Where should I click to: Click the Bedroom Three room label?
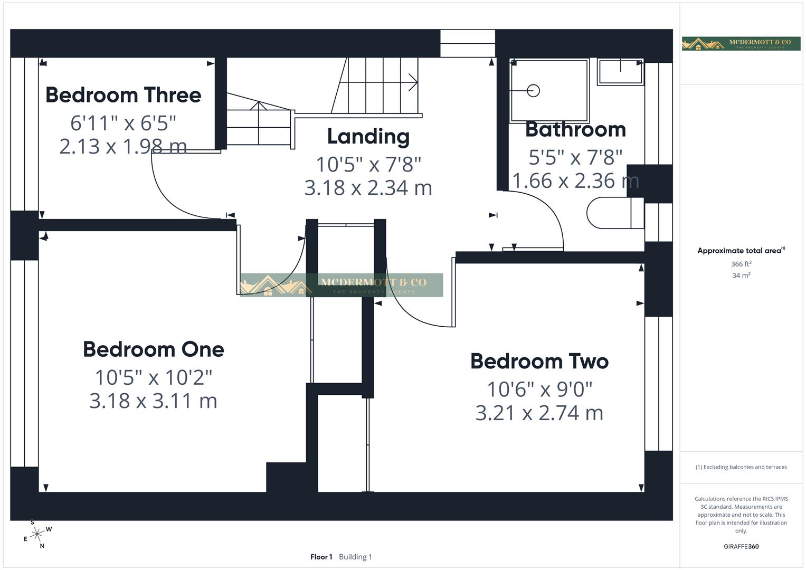click(x=123, y=95)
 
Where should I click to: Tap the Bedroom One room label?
click(x=153, y=349)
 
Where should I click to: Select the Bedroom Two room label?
click(x=539, y=362)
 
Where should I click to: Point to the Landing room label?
click(x=368, y=136)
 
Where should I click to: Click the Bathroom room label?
click(x=575, y=129)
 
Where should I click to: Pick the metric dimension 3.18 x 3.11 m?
click(x=153, y=401)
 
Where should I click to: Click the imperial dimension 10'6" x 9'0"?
click(x=539, y=389)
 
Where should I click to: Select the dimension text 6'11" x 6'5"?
click(x=123, y=123)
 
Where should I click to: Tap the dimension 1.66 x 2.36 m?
click(x=575, y=180)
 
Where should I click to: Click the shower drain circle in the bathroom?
click(x=534, y=91)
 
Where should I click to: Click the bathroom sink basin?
click(x=620, y=71)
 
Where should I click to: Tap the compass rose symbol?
click(x=36, y=535)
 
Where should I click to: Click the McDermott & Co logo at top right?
click(x=741, y=43)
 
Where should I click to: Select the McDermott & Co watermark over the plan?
click(x=341, y=285)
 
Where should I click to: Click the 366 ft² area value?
click(x=741, y=264)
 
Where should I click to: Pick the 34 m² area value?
click(x=741, y=275)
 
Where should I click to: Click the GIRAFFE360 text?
click(x=741, y=546)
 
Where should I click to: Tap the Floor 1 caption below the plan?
click(x=321, y=557)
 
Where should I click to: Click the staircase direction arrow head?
click(x=414, y=82)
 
